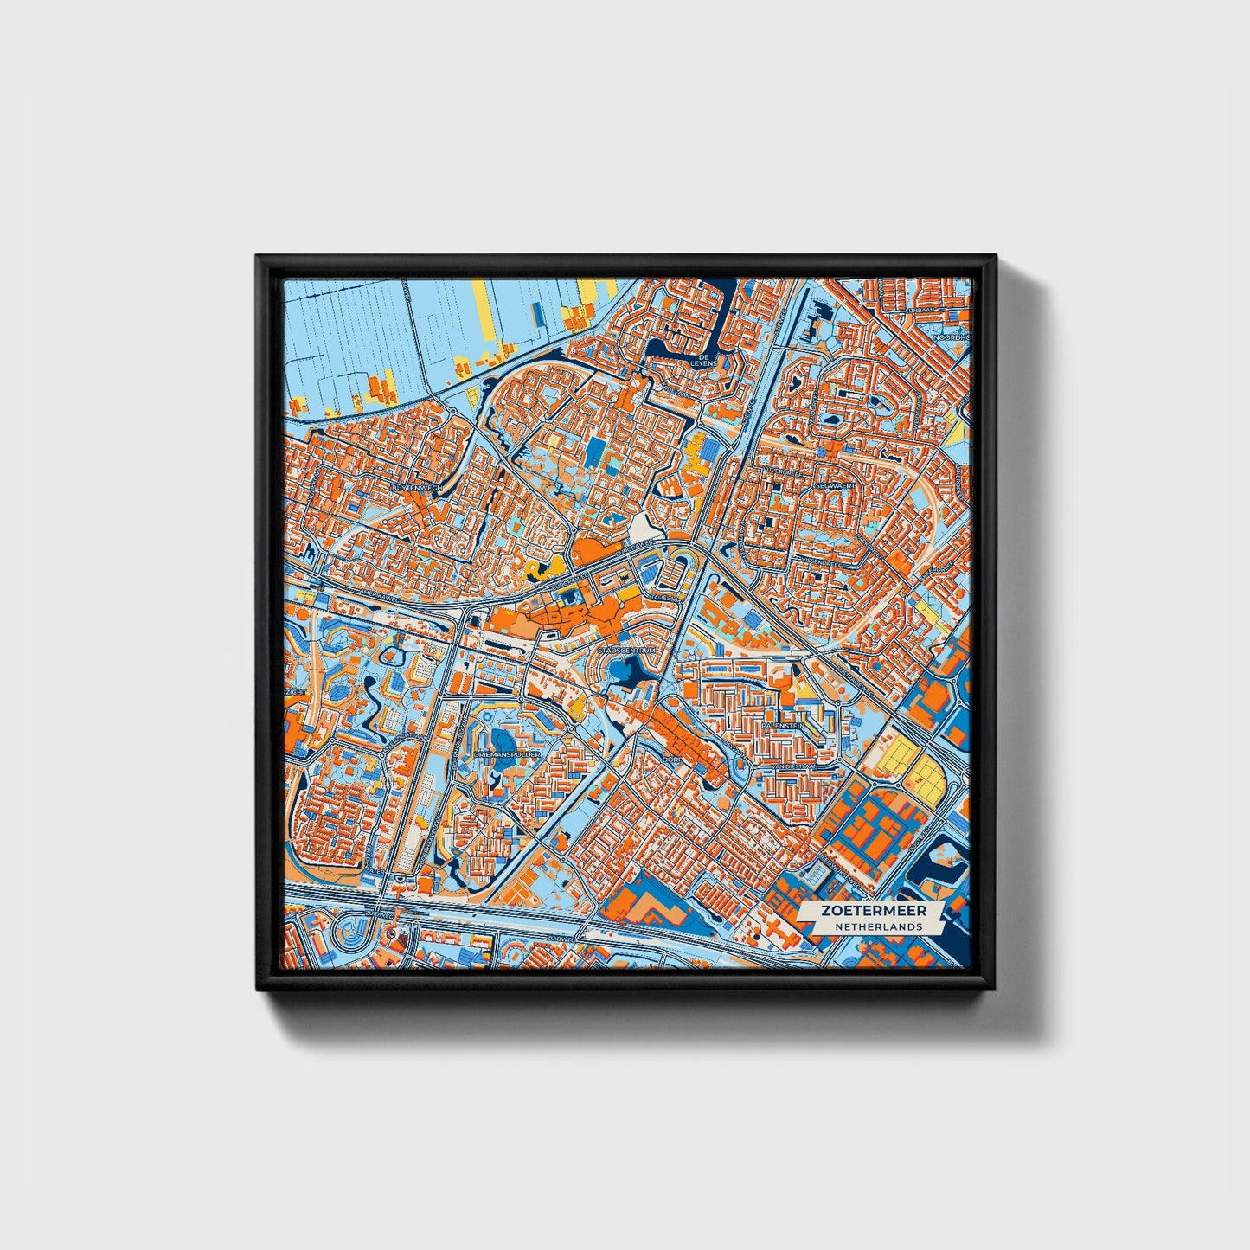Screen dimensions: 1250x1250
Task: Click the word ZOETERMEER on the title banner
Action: (x=873, y=911)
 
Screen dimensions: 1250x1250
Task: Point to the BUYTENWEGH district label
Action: (x=416, y=489)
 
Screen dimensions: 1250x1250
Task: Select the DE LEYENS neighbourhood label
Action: (x=706, y=360)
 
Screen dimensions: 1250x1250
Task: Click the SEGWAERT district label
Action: (x=835, y=487)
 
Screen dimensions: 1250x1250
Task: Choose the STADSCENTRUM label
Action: (x=628, y=649)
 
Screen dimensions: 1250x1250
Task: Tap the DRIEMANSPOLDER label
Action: (x=507, y=754)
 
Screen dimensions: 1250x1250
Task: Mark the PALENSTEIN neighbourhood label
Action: (x=783, y=726)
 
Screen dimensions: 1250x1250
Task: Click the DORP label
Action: (x=672, y=759)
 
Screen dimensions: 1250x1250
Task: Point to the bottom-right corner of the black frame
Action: (x=995, y=989)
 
